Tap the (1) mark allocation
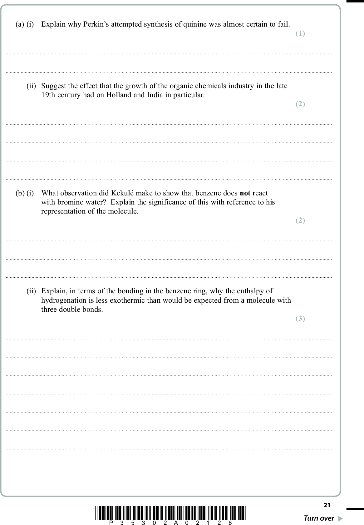click(x=300, y=33)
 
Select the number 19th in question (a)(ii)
click(x=48, y=95)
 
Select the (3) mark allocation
click(x=300, y=318)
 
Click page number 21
click(x=327, y=505)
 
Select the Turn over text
click(x=319, y=518)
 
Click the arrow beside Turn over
click(x=341, y=518)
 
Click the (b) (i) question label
click(x=25, y=193)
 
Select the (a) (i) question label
click(x=25, y=24)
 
